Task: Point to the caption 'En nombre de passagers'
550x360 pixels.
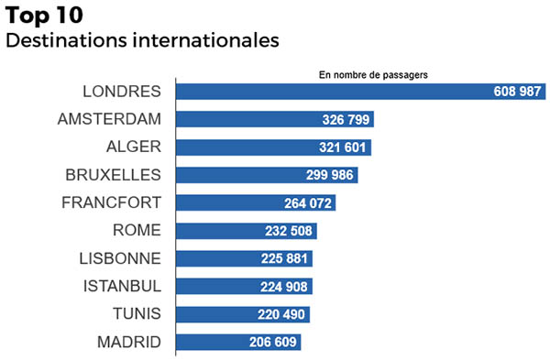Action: tap(374, 74)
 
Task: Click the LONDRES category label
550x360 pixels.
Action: tap(122, 92)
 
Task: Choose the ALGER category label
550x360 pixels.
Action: tap(134, 147)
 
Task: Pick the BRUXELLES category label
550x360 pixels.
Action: tap(114, 175)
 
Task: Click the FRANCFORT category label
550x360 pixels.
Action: tap(111, 202)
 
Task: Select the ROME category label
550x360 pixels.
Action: tap(136, 231)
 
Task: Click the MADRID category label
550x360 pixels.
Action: tap(128, 343)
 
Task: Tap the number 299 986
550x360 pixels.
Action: tap(328, 176)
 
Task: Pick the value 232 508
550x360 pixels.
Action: tap(288, 232)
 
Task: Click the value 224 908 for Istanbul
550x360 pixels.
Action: tap(283, 287)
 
